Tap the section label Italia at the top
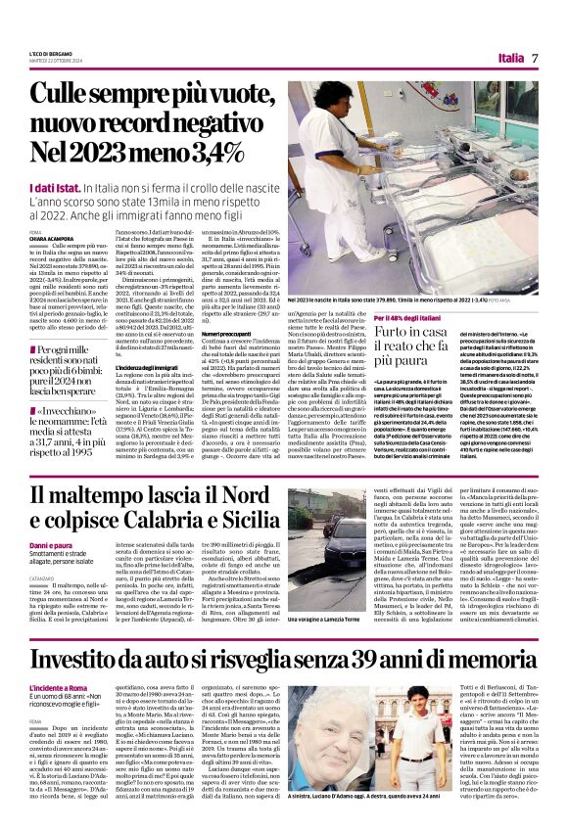click(x=506, y=58)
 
